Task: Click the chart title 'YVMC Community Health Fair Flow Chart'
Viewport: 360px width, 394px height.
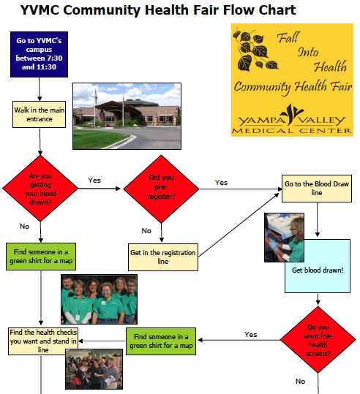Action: coord(158,10)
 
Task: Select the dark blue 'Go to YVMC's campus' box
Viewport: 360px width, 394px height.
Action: coord(40,54)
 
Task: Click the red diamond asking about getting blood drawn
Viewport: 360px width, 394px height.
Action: coord(40,187)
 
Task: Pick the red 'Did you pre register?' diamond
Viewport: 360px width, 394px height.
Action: coord(161,187)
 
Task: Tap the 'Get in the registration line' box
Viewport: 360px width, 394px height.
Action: coord(162,257)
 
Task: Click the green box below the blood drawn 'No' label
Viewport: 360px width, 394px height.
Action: coord(41,257)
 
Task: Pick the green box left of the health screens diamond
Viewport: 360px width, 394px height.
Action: coord(161,340)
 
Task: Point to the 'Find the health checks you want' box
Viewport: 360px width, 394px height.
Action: coord(43,340)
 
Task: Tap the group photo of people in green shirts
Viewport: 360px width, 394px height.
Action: coord(98,299)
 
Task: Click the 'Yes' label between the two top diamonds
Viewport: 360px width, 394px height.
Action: coord(94,180)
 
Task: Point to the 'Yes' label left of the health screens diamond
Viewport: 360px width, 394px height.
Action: coord(251,335)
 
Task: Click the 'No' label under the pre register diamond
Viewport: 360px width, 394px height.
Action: coord(146,231)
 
